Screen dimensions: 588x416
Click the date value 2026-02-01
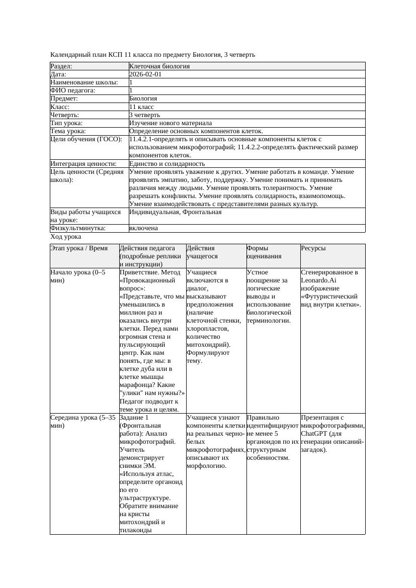145,74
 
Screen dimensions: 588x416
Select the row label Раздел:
61,66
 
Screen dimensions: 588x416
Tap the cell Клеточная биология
159,66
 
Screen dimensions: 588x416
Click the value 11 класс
141,107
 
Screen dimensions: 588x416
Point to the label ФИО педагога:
73,90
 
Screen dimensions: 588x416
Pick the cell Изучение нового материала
171,123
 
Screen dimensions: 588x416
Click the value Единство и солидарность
167,164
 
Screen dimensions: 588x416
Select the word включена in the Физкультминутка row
143,228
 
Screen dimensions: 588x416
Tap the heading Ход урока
66,237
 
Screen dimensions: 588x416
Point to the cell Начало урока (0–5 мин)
78,276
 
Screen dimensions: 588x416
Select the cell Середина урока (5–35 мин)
83,421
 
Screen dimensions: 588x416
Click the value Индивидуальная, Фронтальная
175,212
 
